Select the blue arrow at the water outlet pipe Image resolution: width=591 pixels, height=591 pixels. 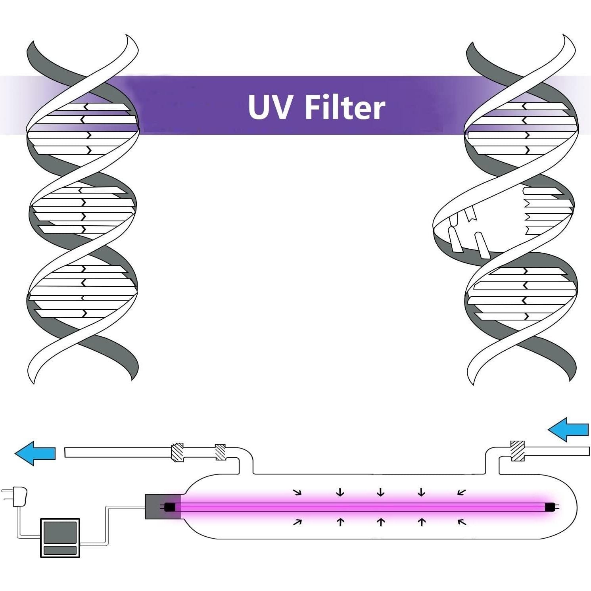tap(35, 453)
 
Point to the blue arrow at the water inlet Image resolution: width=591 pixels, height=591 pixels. tap(568, 430)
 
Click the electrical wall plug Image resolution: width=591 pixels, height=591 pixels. tap(18, 497)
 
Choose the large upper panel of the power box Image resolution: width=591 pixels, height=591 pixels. tap(60, 532)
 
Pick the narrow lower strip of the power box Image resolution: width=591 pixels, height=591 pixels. tap(60, 550)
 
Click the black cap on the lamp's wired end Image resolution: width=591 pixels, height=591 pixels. tap(170, 507)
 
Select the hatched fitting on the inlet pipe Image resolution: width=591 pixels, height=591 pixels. tap(517, 451)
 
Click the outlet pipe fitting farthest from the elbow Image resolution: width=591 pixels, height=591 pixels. tap(177, 453)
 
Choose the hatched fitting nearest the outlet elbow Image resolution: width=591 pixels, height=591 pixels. tap(221, 452)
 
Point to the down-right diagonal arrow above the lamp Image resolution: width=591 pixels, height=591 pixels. tap(297, 493)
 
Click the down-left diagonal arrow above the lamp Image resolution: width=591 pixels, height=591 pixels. tap(461, 493)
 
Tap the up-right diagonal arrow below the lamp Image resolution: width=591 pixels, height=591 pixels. tap(297, 522)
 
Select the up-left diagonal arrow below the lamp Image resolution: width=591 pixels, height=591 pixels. tap(462, 522)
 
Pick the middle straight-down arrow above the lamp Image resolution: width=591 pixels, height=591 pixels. tap(381, 493)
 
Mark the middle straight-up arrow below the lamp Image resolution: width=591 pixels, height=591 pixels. tap(381, 522)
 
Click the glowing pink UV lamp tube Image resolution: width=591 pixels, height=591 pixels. tap(357, 507)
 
